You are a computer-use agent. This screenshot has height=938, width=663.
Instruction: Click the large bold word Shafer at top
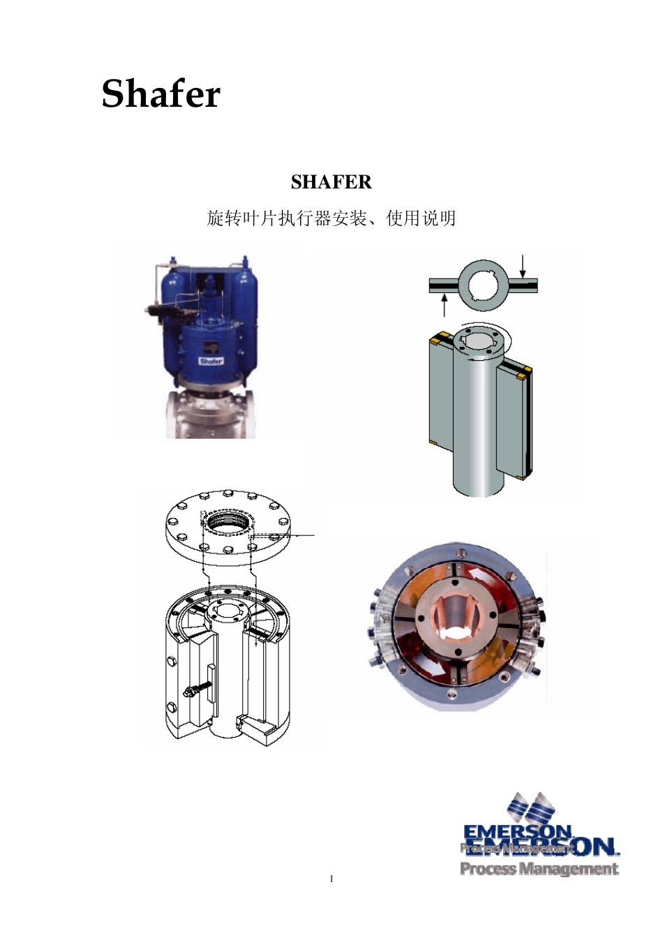(x=161, y=94)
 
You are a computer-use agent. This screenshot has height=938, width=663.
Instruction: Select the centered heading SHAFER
(x=331, y=182)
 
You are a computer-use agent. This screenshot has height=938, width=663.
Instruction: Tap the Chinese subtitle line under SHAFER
(x=331, y=218)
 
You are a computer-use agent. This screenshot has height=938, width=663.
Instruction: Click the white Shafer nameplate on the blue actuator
(x=211, y=361)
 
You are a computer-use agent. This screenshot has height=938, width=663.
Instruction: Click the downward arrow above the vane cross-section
(x=523, y=266)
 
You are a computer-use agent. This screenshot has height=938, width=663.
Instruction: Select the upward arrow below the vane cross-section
(x=445, y=305)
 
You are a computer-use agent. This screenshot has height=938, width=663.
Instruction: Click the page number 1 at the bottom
(x=331, y=879)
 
